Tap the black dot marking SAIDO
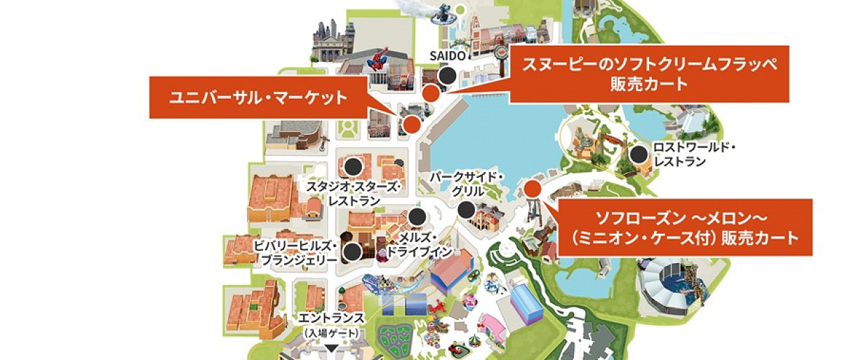click(447, 76)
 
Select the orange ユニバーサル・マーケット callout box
click(259, 98)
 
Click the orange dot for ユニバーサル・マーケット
click(412, 124)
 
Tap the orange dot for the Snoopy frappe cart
click(432, 93)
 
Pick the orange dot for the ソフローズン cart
click(532, 188)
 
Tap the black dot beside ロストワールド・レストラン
click(639, 155)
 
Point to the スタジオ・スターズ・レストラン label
click(354, 194)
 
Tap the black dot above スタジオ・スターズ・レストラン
click(353, 166)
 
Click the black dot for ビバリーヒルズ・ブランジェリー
click(353, 251)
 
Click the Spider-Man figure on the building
click(380, 59)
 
